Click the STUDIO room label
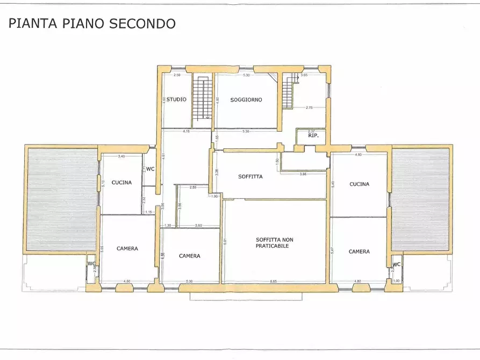click(176, 99)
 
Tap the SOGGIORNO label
click(246, 100)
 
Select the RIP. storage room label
click(313, 136)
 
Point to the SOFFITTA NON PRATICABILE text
click(274, 242)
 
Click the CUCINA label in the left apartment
click(121, 182)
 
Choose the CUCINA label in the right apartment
click(359, 184)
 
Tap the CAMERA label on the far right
click(359, 251)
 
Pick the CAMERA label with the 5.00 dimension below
click(189, 256)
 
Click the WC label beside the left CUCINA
click(150, 169)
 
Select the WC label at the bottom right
click(396, 264)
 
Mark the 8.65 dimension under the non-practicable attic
click(274, 282)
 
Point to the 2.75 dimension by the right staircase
click(309, 108)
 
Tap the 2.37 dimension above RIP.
click(311, 131)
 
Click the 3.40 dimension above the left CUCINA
click(121, 156)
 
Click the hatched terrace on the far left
click(62, 199)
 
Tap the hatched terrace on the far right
click(420, 199)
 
